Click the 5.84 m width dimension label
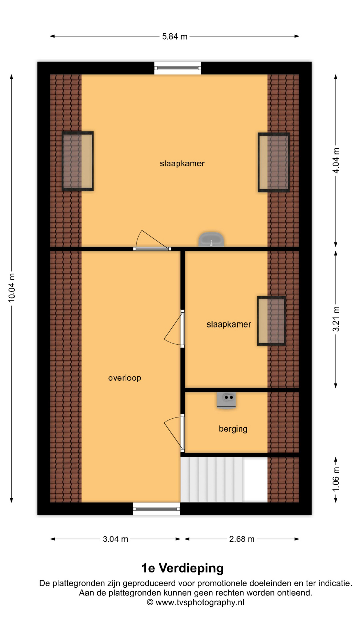(175, 36)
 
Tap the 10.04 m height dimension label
(12, 288)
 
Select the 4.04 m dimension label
(336, 161)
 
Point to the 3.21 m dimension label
(336, 319)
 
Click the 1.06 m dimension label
(336, 479)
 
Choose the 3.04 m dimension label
(115, 539)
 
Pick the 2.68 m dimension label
(242, 539)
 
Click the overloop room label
(125, 378)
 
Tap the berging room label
(233, 429)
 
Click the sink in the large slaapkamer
(211, 239)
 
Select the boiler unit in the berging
(227, 400)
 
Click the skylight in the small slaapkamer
(271, 321)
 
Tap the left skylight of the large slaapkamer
(78, 161)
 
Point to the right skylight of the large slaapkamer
(274, 162)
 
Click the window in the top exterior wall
(178, 68)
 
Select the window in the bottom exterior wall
(156, 509)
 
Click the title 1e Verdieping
(182, 568)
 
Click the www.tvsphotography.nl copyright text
(196, 602)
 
